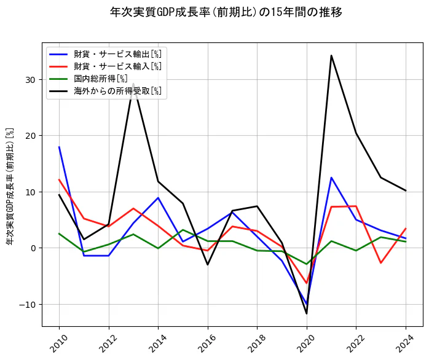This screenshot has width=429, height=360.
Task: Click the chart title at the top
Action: click(226, 12)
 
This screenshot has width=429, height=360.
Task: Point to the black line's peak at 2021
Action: click(331, 55)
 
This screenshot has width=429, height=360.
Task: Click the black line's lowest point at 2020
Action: click(307, 314)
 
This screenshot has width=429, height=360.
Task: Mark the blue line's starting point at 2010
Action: click(59, 147)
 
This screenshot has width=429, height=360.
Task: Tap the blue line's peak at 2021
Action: click(331, 178)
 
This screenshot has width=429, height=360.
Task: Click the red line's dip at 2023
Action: click(381, 263)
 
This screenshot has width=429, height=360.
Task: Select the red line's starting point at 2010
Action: click(59, 179)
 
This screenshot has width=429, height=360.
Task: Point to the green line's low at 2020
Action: click(307, 264)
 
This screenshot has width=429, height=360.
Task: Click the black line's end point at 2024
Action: click(406, 190)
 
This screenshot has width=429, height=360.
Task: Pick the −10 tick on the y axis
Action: click(28, 304)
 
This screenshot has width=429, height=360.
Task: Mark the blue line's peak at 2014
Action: click(158, 198)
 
